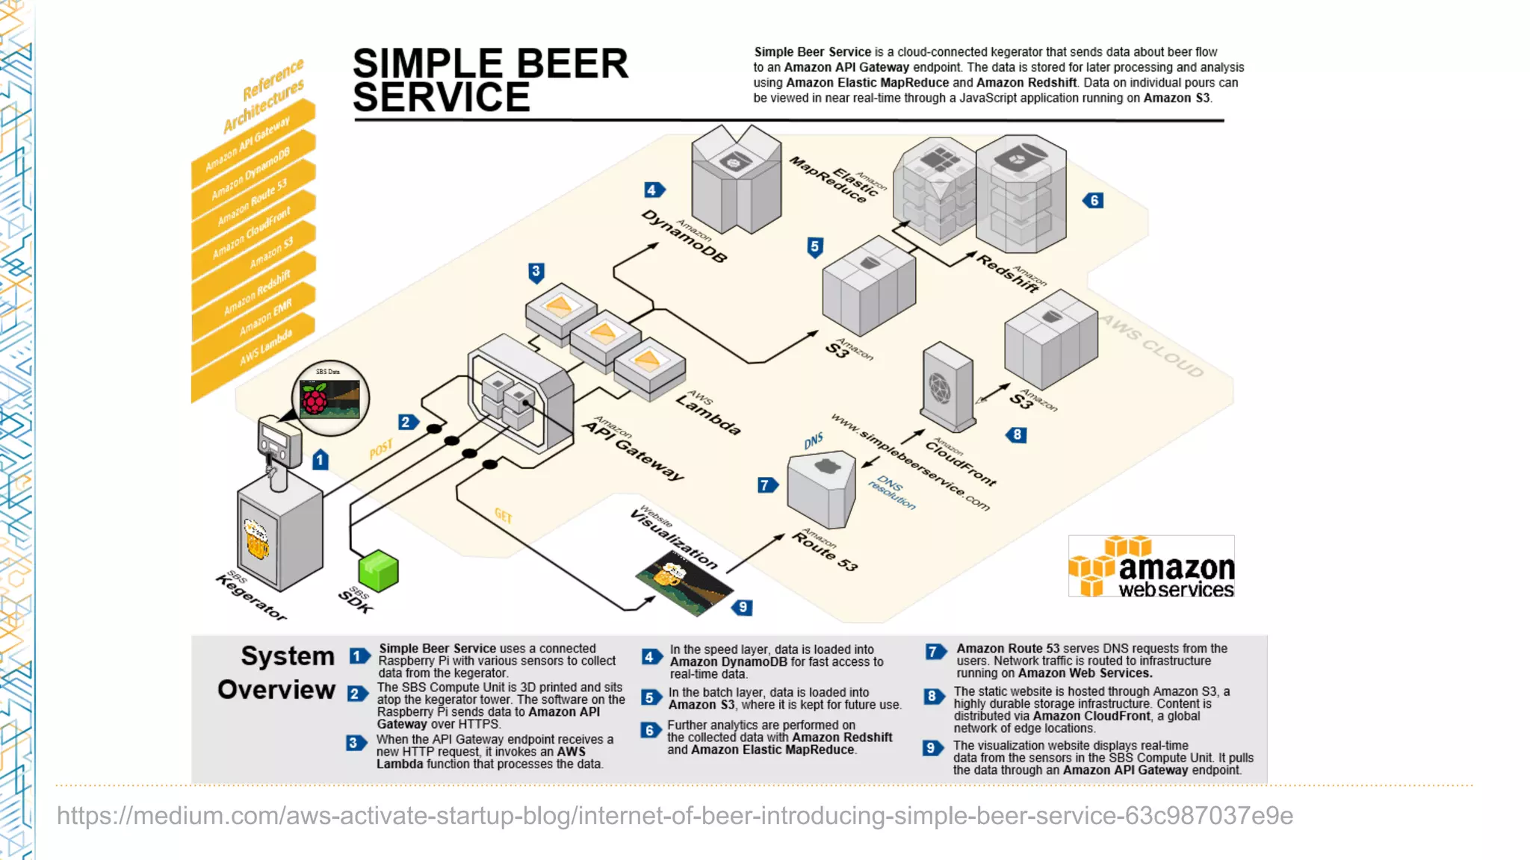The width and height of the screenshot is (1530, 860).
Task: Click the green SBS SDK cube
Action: (379, 571)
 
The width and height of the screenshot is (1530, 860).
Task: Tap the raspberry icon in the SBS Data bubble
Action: (315, 399)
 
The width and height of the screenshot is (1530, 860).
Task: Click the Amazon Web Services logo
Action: (1151, 567)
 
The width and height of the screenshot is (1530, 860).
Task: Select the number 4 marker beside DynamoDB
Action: (654, 190)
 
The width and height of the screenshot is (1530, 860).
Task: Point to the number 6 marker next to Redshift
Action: (1094, 200)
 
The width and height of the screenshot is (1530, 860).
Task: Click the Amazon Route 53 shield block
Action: (821, 489)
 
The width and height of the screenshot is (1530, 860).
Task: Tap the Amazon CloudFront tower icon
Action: (947, 386)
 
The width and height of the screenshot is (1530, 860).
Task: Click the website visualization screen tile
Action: (684, 582)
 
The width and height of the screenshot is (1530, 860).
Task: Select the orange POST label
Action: (381, 449)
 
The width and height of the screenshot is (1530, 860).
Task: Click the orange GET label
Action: (504, 516)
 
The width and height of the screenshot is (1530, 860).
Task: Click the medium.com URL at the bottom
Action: (675, 815)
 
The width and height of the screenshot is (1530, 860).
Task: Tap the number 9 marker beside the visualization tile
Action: (742, 607)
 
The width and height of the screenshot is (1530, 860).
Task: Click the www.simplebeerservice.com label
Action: (910, 463)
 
